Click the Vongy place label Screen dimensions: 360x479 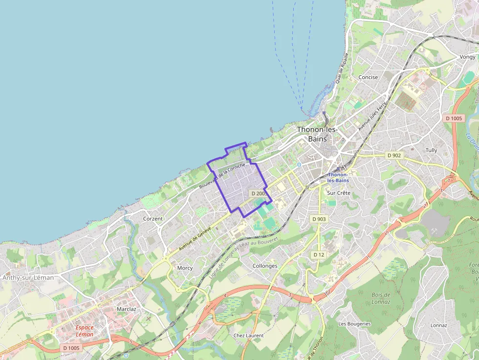(467, 57)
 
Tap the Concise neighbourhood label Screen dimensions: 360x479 (368, 77)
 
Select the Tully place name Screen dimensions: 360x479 (431, 150)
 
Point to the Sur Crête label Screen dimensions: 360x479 (339, 193)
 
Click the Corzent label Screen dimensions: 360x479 (153, 219)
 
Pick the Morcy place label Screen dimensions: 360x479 (185, 268)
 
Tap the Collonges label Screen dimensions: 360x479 (265, 266)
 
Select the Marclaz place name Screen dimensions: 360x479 (126, 309)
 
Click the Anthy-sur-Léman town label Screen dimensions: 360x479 (28, 277)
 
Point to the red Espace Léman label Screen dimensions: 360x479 (85, 331)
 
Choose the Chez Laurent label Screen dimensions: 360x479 (248, 336)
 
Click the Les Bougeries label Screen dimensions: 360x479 (354, 324)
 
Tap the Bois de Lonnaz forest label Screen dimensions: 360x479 (381, 298)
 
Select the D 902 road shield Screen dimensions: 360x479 (394, 155)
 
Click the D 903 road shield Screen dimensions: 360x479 (319, 219)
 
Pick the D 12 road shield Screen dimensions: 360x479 (319, 254)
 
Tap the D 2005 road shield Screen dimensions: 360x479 (259, 193)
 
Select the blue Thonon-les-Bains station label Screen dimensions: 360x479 (338, 177)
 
